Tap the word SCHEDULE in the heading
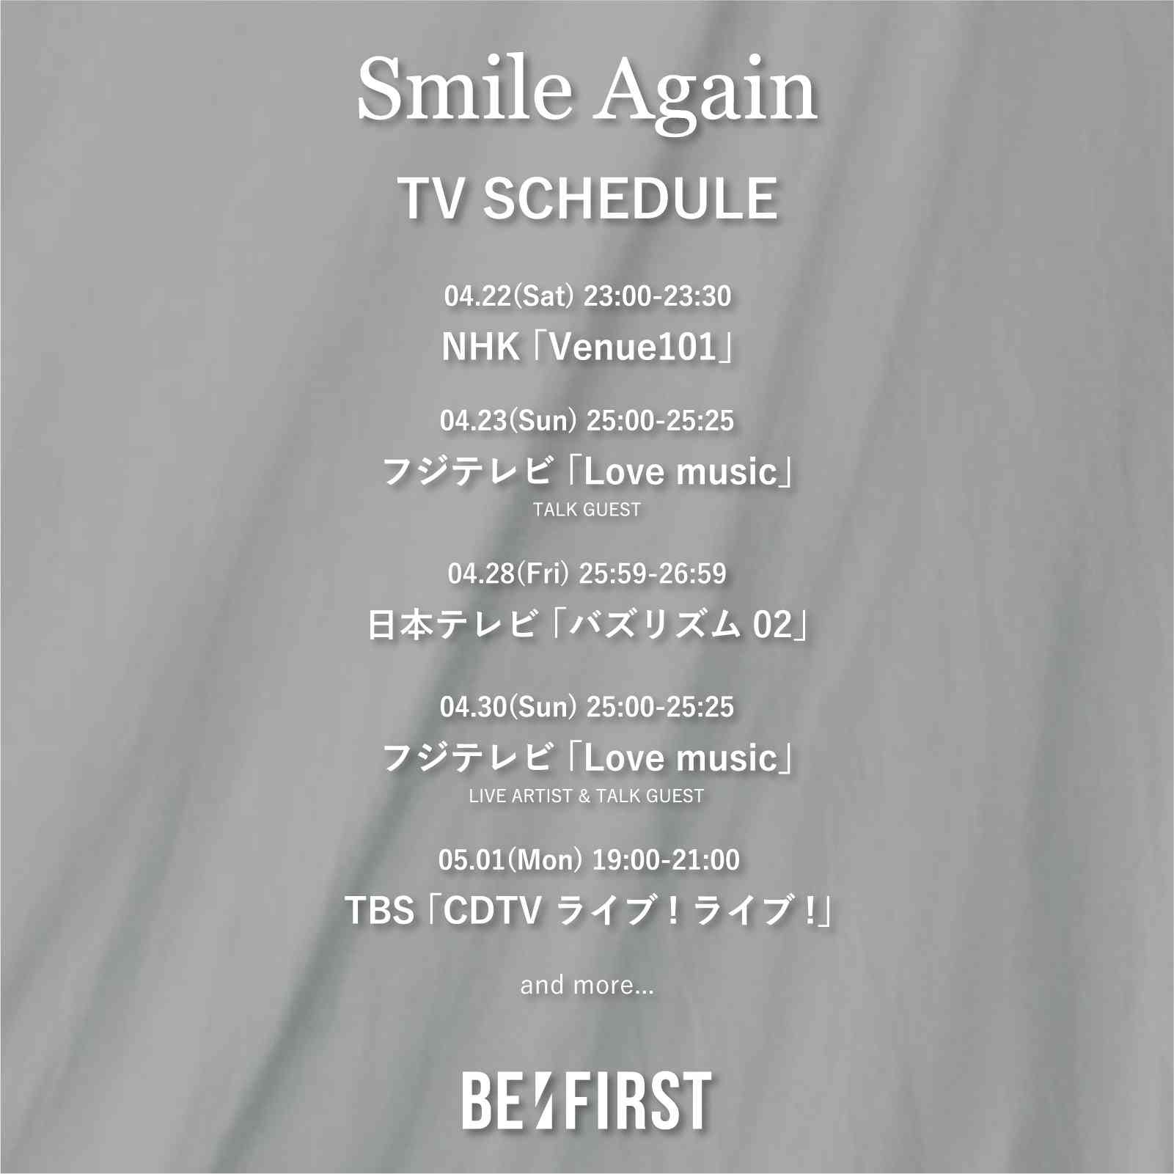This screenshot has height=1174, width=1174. point(630,198)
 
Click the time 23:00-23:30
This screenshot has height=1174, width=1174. point(657,296)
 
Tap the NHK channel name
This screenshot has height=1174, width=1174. point(480,348)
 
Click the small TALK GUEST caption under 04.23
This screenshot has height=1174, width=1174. point(587,509)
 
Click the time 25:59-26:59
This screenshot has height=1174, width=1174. point(653,574)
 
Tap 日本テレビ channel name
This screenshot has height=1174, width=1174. point(451,627)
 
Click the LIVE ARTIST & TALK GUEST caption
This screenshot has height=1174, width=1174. point(587,796)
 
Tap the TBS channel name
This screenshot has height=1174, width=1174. point(380,912)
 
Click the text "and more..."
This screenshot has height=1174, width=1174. point(587,985)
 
